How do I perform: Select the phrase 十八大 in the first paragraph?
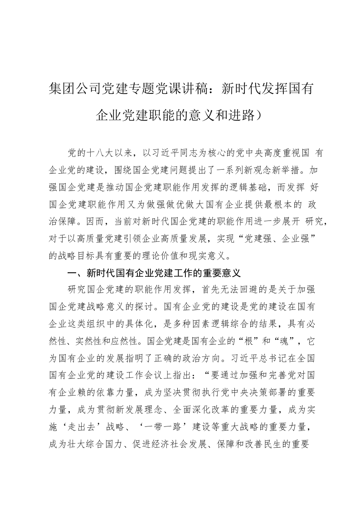pyautogui.click(x=100, y=153)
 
